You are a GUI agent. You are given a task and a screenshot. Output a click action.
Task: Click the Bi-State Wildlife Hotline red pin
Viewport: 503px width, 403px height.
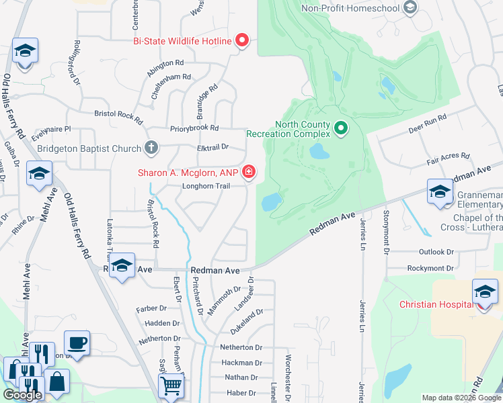click(243, 41)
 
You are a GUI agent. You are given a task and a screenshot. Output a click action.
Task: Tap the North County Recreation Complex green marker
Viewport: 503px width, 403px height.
click(341, 126)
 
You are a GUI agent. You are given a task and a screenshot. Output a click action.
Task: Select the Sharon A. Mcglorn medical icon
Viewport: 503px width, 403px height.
click(249, 173)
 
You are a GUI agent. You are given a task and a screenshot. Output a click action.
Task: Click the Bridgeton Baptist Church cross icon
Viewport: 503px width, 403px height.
click(152, 148)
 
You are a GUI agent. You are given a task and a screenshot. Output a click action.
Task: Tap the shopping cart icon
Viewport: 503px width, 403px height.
click(171, 386)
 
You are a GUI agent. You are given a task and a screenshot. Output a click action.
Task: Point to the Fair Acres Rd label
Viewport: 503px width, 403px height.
click(448, 159)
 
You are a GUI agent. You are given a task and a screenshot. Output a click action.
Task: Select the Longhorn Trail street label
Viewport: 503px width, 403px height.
click(202, 187)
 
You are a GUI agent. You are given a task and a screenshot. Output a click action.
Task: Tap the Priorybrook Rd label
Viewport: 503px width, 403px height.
click(195, 128)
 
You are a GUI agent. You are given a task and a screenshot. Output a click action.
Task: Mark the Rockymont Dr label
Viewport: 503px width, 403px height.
click(430, 268)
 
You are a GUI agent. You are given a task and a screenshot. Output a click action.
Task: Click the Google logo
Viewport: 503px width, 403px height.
click(22, 395)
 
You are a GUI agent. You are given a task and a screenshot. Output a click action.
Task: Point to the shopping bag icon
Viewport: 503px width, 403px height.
click(58, 381)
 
